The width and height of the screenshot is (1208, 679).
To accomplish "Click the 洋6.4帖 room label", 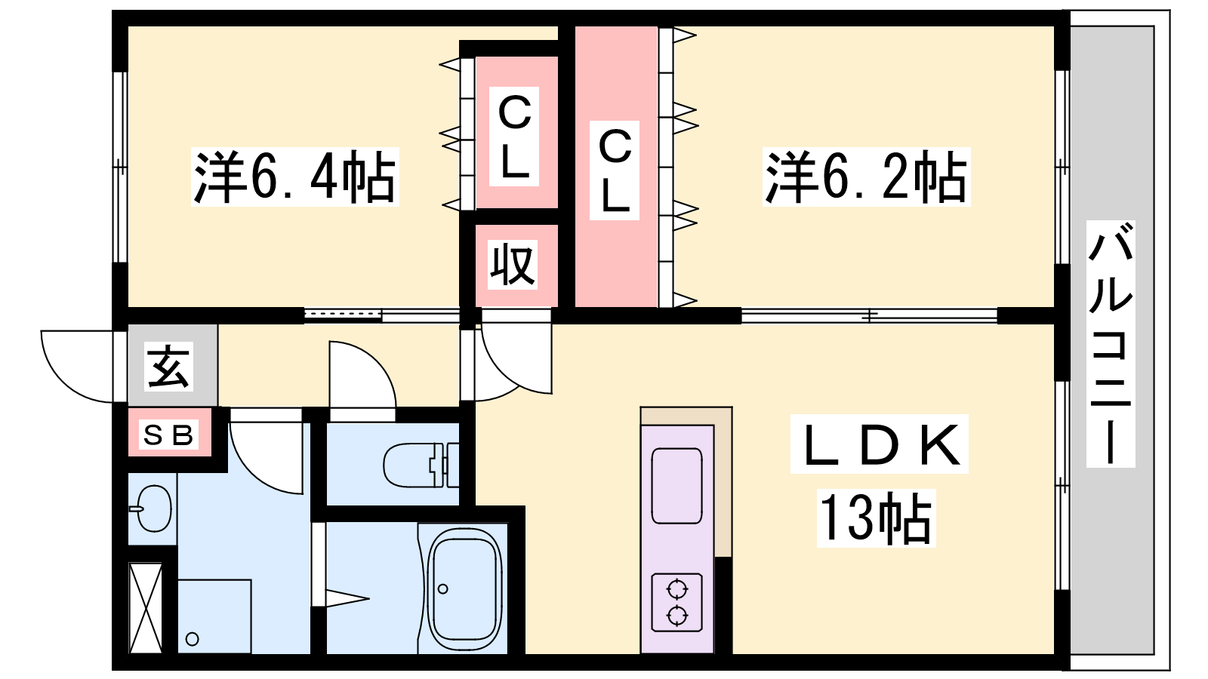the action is click(295, 177).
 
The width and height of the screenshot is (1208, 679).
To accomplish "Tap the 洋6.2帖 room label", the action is click(866, 177).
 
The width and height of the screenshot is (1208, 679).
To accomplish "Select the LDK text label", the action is click(880, 444).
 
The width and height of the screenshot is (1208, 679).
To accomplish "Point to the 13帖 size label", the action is click(876, 518).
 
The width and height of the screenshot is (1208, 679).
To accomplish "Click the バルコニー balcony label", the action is click(1111, 344).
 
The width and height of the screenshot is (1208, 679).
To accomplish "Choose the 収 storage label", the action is click(513, 265).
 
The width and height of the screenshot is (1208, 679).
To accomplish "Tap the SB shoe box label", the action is click(169, 435).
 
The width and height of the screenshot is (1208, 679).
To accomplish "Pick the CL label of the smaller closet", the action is click(514, 137).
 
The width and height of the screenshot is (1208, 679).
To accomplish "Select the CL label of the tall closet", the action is click(615, 171).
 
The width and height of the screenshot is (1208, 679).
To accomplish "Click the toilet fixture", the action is click(421, 465).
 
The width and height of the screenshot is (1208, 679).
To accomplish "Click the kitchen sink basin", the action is click(676, 486).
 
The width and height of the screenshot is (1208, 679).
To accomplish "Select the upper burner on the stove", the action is click(676, 589).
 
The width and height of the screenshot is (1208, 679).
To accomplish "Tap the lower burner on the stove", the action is click(676, 615).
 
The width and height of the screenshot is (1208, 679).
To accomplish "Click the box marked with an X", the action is click(146, 607).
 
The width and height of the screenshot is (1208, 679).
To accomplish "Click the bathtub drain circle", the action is click(443, 589).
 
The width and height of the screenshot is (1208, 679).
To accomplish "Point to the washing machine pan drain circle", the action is click(192, 640).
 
